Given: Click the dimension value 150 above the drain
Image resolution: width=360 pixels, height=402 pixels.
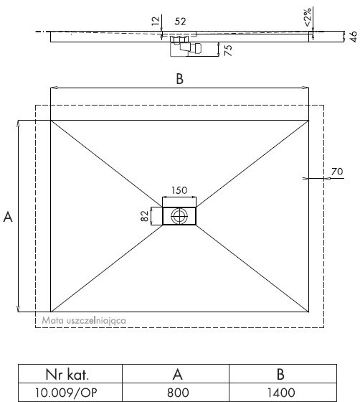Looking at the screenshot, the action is tap(179, 190).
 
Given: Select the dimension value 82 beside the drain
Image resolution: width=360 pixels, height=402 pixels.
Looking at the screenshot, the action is tap(145, 216).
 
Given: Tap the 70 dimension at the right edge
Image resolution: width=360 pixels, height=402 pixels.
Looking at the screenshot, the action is tap(337, 172).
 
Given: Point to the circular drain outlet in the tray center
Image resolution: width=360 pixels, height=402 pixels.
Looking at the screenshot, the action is tap(179, 216).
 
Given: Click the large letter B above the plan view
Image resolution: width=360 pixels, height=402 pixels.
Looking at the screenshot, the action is tap(180, 79).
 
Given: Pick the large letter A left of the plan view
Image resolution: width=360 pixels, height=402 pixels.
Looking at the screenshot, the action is tap(8, 217).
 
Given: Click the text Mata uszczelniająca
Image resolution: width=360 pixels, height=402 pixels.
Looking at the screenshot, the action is tap(84, 320).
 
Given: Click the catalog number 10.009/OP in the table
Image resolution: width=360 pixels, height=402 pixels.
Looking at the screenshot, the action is tap(66, 393).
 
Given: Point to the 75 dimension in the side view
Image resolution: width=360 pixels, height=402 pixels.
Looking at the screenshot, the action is tap(228, 50).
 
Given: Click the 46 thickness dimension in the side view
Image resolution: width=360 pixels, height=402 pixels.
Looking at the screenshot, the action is tap(353, 37).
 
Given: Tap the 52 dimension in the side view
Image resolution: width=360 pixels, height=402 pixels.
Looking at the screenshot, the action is tap(181, 22).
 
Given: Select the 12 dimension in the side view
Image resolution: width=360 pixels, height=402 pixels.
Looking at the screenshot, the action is tap(156, 21).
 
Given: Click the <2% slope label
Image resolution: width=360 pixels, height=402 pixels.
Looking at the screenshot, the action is tap(308, 17).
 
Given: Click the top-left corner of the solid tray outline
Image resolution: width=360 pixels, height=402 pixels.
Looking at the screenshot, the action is tap(51, 120).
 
